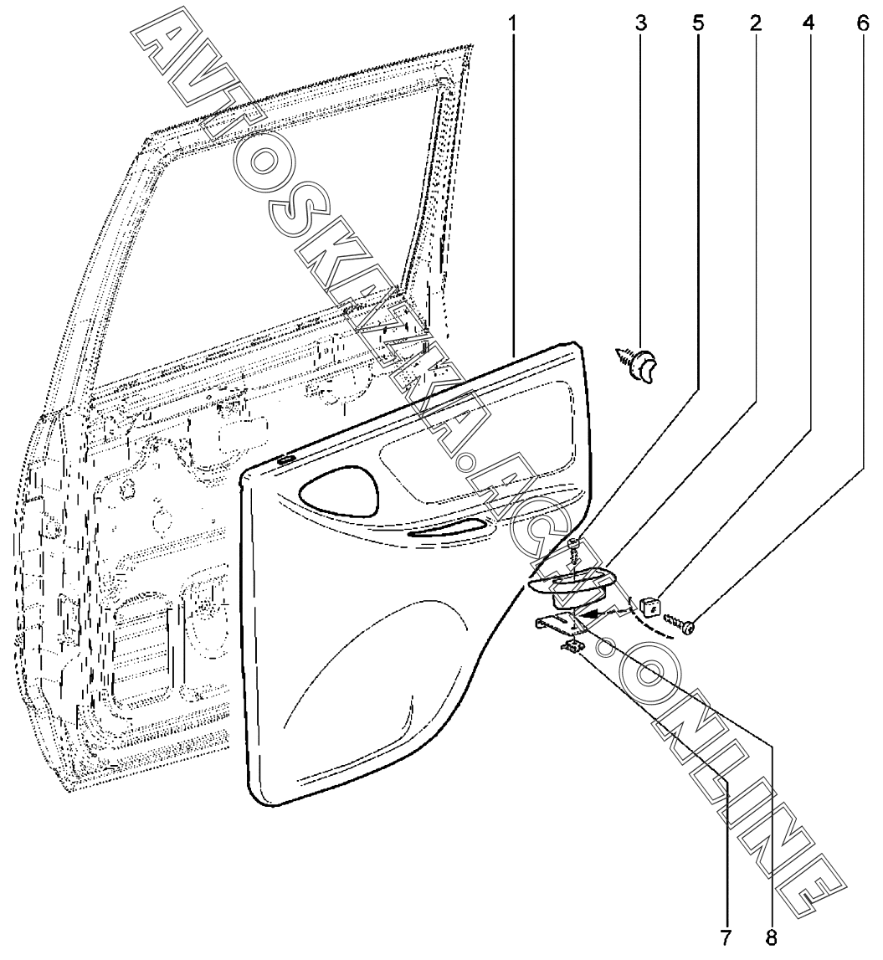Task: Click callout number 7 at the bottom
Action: point(726,935)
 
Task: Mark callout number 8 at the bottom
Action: point(771,935)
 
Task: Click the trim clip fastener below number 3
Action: point(640,365)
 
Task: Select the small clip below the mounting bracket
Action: point(573,644)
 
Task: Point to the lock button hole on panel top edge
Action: point(285,459)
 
